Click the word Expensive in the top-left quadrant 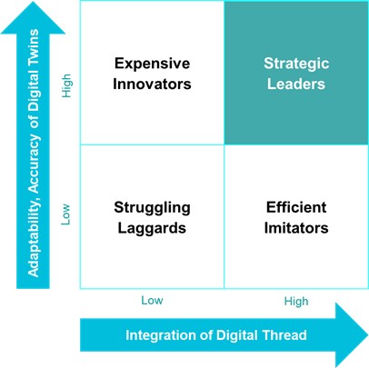(152, 65)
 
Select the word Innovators (152, 84)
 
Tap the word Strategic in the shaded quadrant (296, 65)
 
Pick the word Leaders (296, 84)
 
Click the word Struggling (152, 208)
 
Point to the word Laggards (152, 229)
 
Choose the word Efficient (296, 207)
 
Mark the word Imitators (296, 228)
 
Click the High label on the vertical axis (66, 85)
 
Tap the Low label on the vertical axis (65, 214)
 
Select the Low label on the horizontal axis (152, 301)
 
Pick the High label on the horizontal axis (296, 302)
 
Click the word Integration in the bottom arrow (160, 335)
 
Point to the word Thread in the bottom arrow (284, 335)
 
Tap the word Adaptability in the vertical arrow (34, 236)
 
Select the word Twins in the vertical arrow (33, 46)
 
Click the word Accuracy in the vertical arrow (34, 164)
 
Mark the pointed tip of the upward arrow (33, 2)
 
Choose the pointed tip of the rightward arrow (368, 335)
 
